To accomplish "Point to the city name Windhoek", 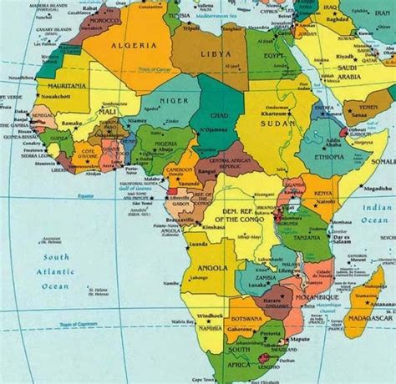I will tap(209, 316).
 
